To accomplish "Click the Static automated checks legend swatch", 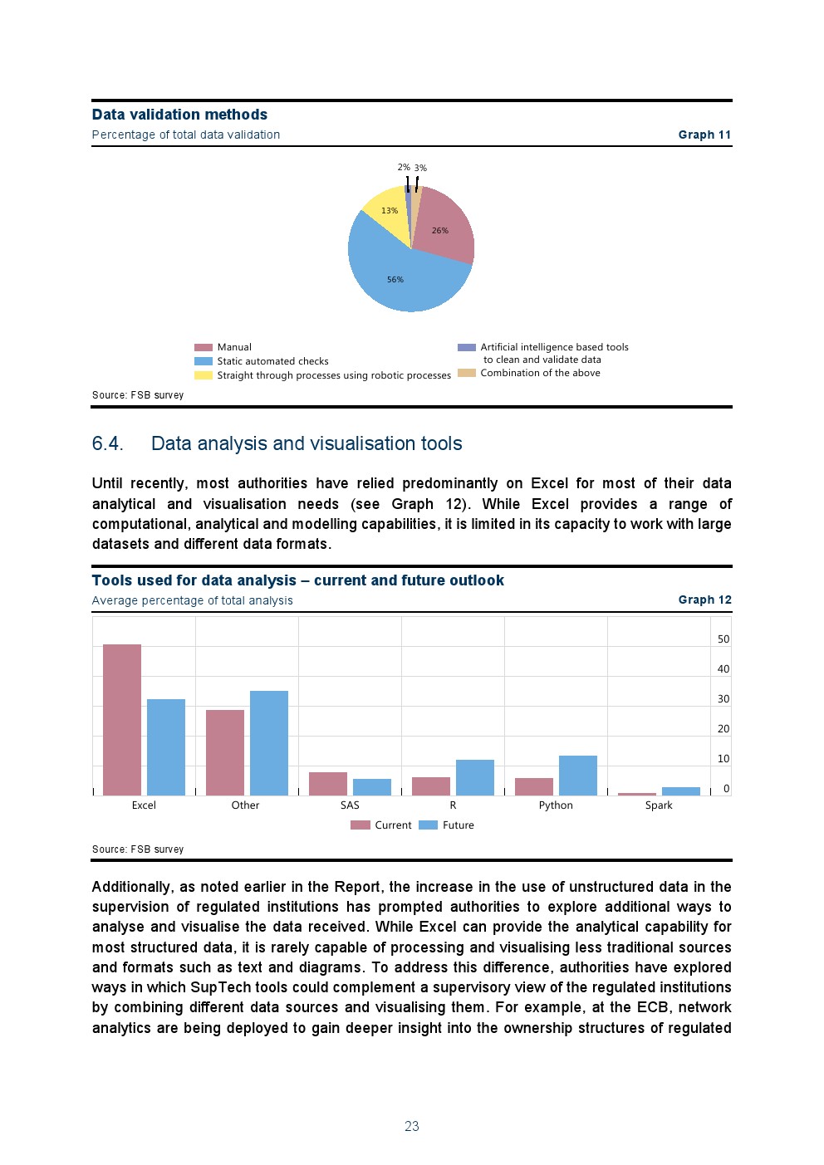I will click(x=204, y=361).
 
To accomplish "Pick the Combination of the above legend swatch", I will click(x=467, y=373).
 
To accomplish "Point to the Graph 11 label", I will click(x=704, y=135).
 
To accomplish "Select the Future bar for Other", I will click(x=269, y=742).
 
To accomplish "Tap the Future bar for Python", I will click(x=578, y=775).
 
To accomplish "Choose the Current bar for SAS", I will click(x=328, y=783).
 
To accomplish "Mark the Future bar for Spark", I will click(x=681, y=791).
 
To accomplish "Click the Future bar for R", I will click(x=475, y=777).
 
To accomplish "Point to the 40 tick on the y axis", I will click(x=723, y=669).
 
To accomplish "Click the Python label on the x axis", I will click(x=556, y=805).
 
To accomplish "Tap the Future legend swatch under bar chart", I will click(x=428, y=825).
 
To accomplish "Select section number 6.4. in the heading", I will click(x=108, y=444).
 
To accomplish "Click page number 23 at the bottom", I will click(x=412, y=1126).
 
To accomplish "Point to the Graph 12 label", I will click(x=704, y=600).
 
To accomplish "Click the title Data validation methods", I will click(x=179, y=115).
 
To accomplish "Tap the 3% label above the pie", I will click(x=421, y=168).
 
